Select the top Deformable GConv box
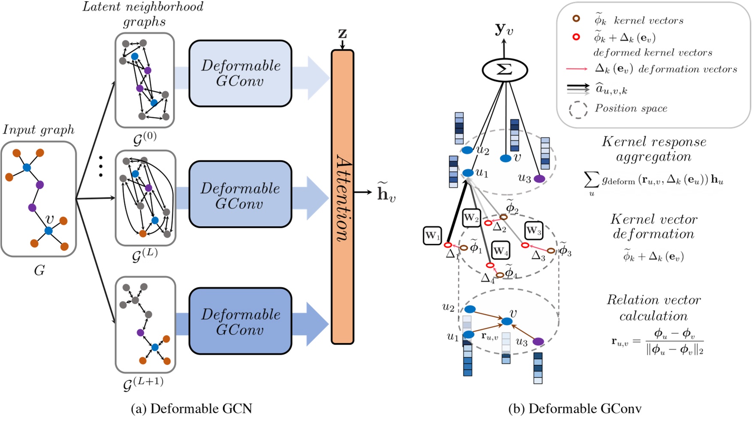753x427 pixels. click(x=240, y=73)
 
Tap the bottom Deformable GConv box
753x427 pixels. click(x=240, y=321)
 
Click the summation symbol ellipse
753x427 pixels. click(x=504, y=70)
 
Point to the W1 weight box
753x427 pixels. click(x=432, y=236)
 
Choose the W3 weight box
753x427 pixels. click(x=533, y=230)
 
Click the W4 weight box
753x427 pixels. click(x=501, y=251)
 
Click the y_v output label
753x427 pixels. click(x=504, y=29)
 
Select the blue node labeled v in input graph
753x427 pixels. click(x=48, y=231)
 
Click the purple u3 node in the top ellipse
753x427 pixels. click(x=539, y=179)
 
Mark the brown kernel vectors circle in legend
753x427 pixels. click(x=576, y=19)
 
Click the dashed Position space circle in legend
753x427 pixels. click(x=578, y=109)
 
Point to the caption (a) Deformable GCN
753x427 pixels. click(x=191, y=409)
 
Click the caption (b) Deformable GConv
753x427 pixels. click(x=575, y=409)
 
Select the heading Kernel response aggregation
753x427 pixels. click(x=653, y=149)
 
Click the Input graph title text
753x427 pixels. click(x=39, y=130)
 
